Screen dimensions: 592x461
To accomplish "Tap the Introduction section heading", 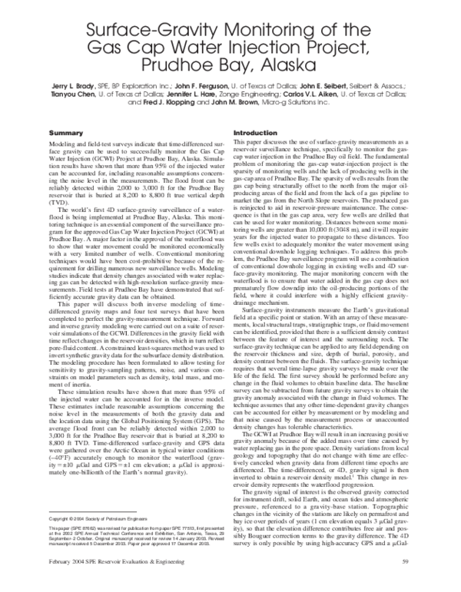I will (x=254, y=133).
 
